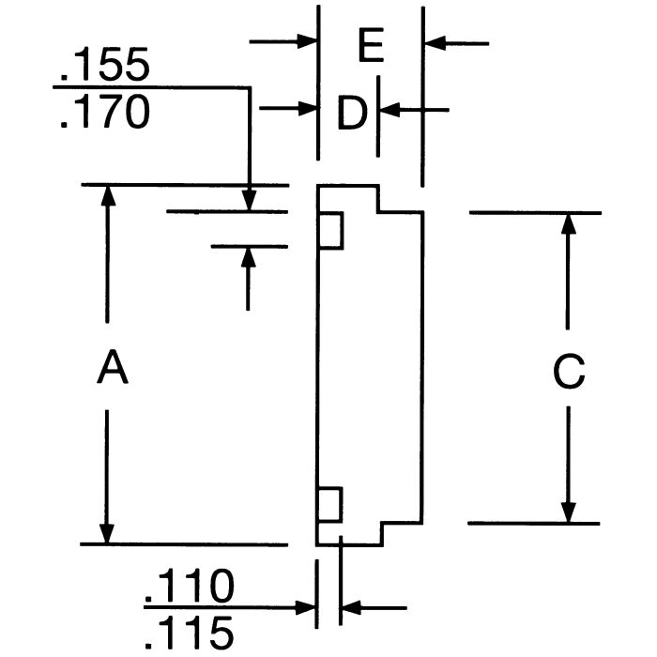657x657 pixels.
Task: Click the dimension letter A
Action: click(x=112, y=367)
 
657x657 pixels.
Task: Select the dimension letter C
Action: click(x=568, y=372)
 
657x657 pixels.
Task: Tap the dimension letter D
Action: click(x=351, y=114)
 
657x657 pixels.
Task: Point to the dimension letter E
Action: click(x=372, y=46)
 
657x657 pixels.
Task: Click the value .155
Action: click(x=103, y=67)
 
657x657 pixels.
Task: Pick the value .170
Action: click(x=103, y=113)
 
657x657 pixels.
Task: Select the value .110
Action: click(x=188, y=588)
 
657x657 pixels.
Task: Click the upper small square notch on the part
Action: click(x=330, y=231)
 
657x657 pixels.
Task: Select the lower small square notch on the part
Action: click(x=330, y=506)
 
